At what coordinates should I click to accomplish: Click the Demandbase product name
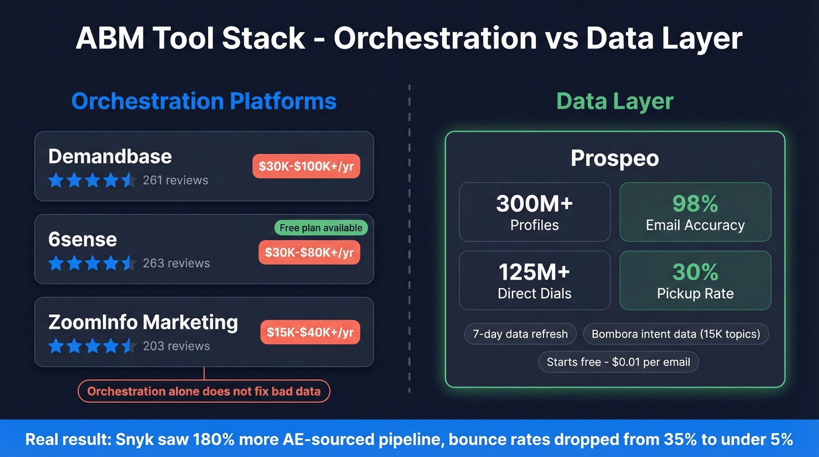pyautogui.click(x=110, y=156)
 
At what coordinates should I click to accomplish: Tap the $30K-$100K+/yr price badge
pyautogui.click(x=306, y=166)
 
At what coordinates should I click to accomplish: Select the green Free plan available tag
pyautogui.click(x=321, y=228)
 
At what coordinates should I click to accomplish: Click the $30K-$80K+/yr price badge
pyautogui.click(x=309, y=252)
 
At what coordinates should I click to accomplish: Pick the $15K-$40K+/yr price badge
pyautogui.click(x=310, y=332)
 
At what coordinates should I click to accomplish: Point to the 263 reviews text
pyautogui.click(x=176, y=263)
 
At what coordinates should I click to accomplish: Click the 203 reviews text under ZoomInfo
pyautogui.click(x=176, y=346)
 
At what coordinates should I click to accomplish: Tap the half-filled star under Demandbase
pyautogui.click(x=129, y=180)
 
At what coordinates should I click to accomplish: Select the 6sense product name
pyautogui.click(x=82, y=239)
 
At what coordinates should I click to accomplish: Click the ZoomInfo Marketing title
pyautogui.click(x=143, y=322)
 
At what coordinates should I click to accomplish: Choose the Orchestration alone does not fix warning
pyautogui.click(x=204, y=391)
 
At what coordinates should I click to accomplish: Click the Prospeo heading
pyautogui.click(x=614, y=158)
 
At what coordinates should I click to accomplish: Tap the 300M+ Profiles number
pyautogui.click(x=534, y=204)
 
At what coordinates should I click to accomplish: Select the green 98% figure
pyautogui.click(x=695, y=204)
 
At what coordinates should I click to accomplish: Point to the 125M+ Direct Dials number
pyautogui.click(x=534, y=272)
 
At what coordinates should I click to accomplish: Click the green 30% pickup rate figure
pyautogui.click(x=695, y=272)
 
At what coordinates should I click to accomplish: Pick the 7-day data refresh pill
pyautogui.click(x=520, y=334)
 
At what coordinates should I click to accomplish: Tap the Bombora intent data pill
pyautogui.click(x=676, y=334)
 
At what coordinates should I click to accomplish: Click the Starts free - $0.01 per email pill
pyautogui.click(x=618, y=362)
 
